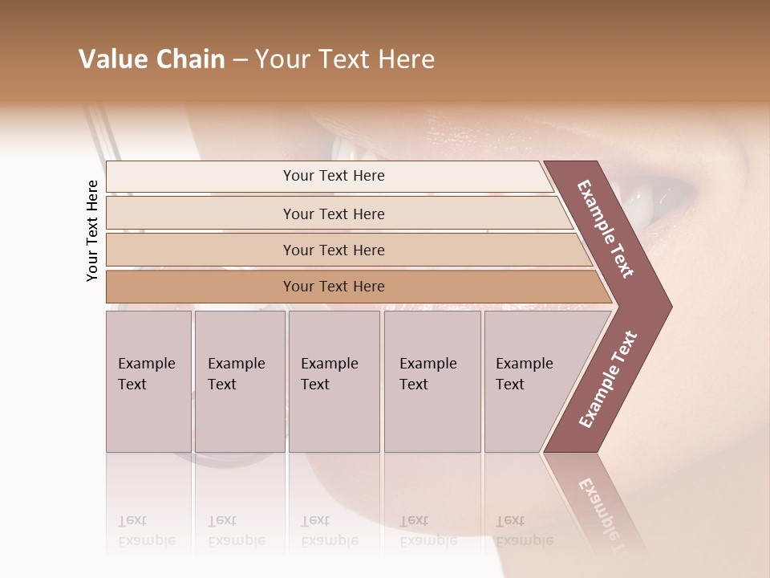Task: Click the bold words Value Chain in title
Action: coord(152,59)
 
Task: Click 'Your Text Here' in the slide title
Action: coord(345,59)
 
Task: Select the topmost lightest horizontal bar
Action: coord(333,176)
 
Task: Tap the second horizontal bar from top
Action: coord(333,214)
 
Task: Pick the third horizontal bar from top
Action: coord(333,250)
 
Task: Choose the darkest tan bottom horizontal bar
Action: coord(333,287)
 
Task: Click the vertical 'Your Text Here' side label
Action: coord(92,230)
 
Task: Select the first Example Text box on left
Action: coord(148,381)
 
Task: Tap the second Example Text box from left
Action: coord(239,381)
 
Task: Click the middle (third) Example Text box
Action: coord(334,381)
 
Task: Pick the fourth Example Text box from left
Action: coord(432,381)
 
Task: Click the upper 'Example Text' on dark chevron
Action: coord(606,229)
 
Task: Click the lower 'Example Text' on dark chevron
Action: coord(608,379)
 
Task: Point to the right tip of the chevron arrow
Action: coord(671,307)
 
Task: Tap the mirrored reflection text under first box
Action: coord(146,531)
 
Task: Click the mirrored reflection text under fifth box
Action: coord(524,531)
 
